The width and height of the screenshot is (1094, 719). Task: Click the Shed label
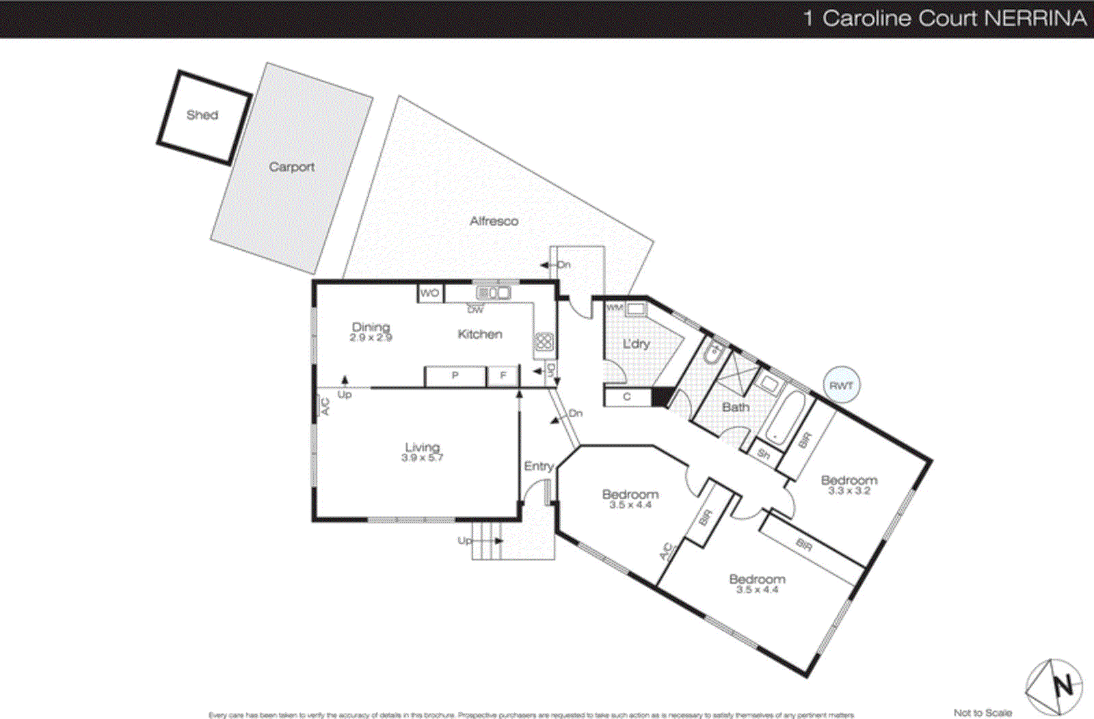(202, 115)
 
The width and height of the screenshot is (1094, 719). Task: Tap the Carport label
(291, 167)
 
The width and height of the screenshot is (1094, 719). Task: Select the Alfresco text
(494, 221)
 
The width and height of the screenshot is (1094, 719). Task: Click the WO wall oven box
(430, 293)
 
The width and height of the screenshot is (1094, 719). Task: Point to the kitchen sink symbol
(493, 293)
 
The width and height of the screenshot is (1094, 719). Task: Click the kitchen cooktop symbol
(544, 342)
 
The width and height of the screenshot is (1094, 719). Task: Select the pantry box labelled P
(455, 376)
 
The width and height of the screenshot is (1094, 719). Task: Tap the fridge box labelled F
(503, 376)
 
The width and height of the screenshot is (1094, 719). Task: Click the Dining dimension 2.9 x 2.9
(371, 338)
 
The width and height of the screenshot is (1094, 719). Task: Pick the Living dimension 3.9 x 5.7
(422, 458)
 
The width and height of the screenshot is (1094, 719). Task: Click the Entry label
(538, 466)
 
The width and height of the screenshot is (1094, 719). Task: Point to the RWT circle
(841, 385)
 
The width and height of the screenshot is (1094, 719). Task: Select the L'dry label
(636, 344)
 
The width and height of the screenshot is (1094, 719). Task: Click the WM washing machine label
(615, 308)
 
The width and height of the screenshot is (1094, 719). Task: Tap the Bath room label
(736, 407)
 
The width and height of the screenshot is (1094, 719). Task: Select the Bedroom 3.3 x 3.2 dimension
(849, 491)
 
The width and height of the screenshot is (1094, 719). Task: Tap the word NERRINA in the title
(1035, 18)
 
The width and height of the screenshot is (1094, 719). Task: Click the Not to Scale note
(983, 712)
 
